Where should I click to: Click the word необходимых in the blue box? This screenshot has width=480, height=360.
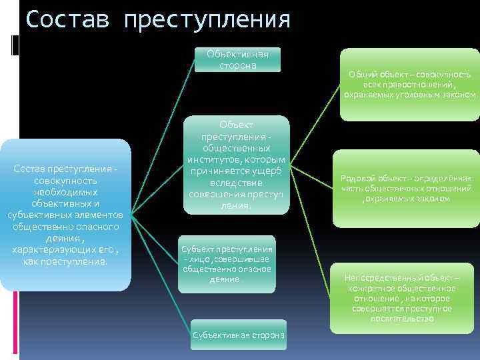65,192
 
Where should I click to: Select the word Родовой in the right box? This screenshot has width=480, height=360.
359,178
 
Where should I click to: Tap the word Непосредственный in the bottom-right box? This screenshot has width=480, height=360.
377,277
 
